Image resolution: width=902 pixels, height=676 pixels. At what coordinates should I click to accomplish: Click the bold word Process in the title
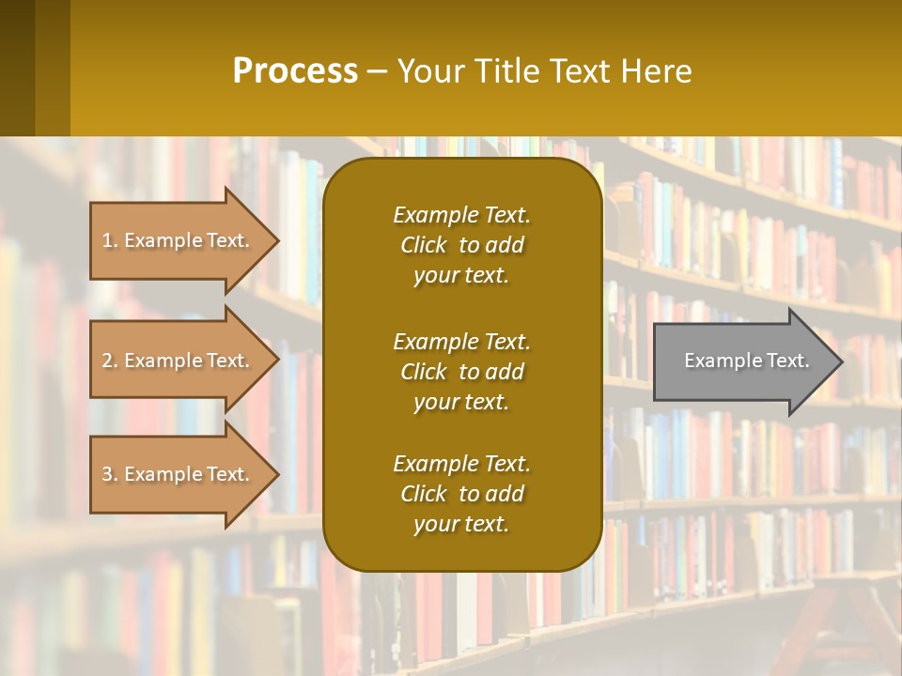point(295,71)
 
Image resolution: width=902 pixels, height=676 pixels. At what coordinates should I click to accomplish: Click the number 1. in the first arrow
point(110,240)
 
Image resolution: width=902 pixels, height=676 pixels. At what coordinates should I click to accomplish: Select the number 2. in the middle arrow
point(110,361)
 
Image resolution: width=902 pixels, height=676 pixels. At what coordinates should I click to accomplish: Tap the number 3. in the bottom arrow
point(110,474)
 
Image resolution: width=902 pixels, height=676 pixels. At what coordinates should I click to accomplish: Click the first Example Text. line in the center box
point(461,215)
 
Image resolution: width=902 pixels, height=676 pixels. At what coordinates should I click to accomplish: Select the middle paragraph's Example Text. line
point(461,342)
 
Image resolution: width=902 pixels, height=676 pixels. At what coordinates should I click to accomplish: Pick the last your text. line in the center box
point(461,525)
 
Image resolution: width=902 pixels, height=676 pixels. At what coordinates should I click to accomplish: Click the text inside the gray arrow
point(747,361)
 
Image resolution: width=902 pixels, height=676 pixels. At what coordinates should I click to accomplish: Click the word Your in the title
point(428,71)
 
